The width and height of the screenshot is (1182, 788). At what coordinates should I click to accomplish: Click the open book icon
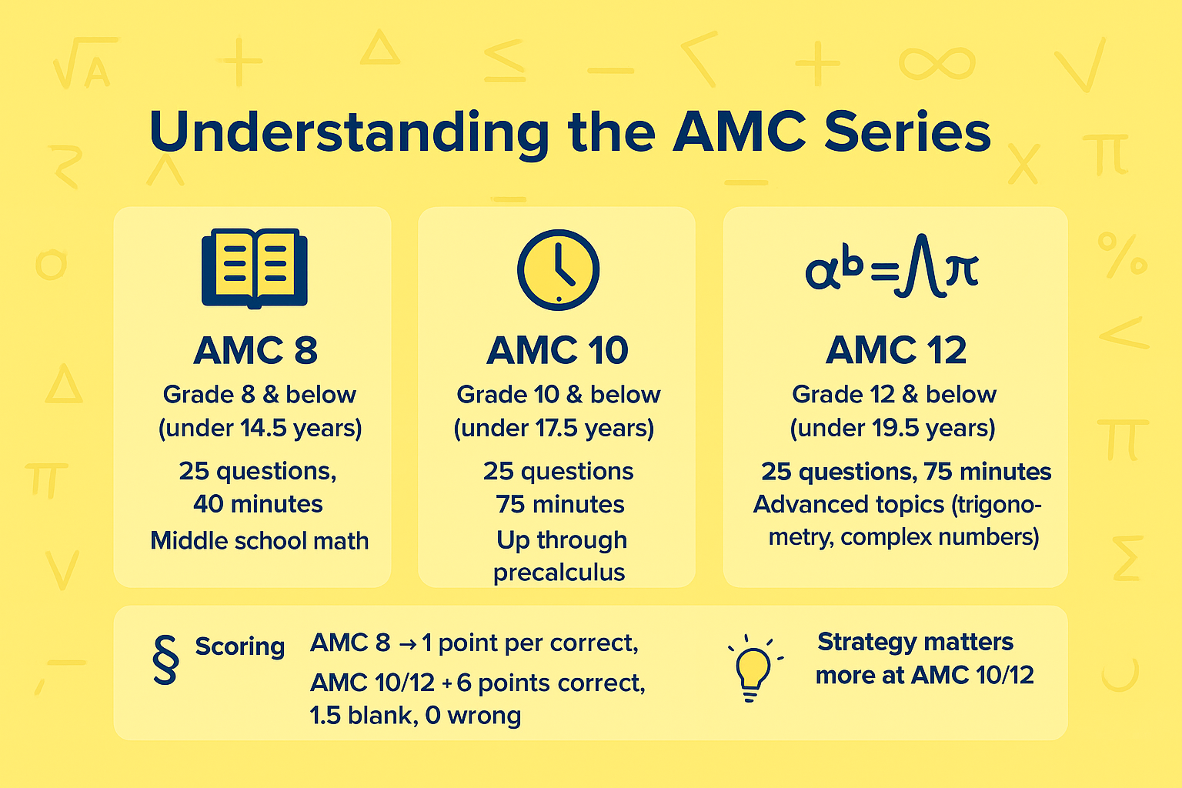pyautogui.click(x=254, y=269)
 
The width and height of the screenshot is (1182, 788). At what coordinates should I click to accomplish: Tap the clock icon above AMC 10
pyautogui.click(x=558, y=269)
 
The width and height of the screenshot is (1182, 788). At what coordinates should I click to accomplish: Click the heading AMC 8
pyautogui.click(x=255, y=351)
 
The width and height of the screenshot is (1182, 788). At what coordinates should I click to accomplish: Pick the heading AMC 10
pyautogui.click(x=558, y=351)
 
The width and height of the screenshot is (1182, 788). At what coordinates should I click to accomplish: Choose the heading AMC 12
pyautogui.click(x=896, y=351)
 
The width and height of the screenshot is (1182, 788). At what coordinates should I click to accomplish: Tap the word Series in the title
pyautogui.click(x=907, y=132)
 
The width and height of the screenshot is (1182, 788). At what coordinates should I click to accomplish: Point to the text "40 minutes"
pyautogui.click(x=258, y=504)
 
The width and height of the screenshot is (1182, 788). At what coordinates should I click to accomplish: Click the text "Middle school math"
pyautogui.click(x=259, y=540)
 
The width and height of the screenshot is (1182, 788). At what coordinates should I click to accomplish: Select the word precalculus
pyautogui.click(x=559, y=573)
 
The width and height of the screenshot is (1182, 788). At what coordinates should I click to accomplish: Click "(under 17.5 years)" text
pyautogui.click(x=554, y=428)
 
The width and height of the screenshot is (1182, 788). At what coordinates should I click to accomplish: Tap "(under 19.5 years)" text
pyautogui.click(x=893, y=428)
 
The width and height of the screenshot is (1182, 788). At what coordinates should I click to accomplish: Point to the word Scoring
pyautogui.click(x=239, y=646)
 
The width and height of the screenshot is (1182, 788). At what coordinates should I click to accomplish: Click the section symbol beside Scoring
pyautogui.click(x=165, y=659)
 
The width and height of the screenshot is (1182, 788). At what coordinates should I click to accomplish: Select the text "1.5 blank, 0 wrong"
pyautogui.click(x=416, y=716)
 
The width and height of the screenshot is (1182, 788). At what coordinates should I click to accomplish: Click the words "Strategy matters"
pyautogui.click(x=915, y=642)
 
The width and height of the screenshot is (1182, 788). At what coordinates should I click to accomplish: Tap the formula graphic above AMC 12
pyautogui.click(x=892, y=271)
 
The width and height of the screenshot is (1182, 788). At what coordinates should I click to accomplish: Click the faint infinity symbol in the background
pyautogui.click(x=937, y=63)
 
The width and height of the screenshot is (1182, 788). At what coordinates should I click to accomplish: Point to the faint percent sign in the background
pyautogui.click(x=1122, y=255)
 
